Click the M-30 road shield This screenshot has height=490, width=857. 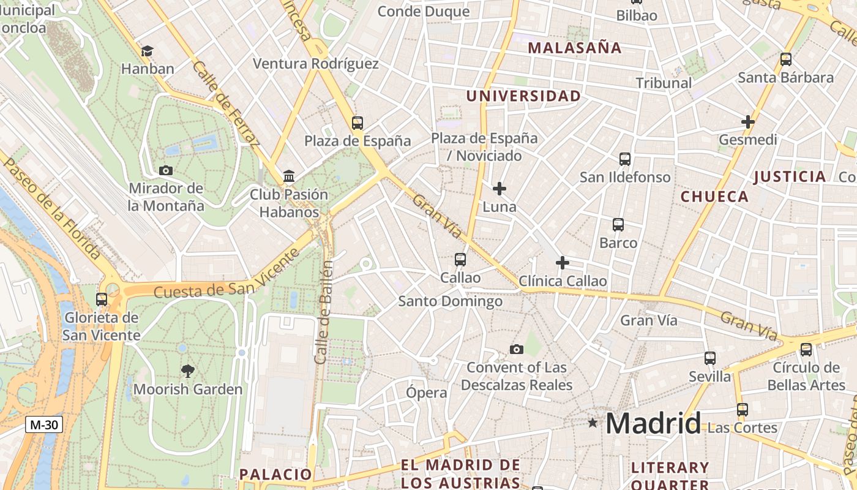pos(44,424)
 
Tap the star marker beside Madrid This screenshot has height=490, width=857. pos(592,423)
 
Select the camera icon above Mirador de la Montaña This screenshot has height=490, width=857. pos(165,170)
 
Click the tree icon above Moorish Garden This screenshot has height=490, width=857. pos(188,370)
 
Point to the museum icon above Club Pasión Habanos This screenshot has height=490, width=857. pos(289,177)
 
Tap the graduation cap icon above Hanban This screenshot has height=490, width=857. pos(147,51)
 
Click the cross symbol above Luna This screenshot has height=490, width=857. pos(500,189)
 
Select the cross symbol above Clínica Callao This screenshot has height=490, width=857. pos(563,263)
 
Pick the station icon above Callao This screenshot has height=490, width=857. pos(460,260)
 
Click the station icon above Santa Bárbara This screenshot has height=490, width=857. pos(786,59)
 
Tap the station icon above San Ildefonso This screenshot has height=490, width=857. pos(625,159)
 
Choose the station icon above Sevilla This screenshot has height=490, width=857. pos(710,358)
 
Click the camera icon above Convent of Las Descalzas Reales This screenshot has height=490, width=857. pos(517,349)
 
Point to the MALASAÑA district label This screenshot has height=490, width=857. pos(574,48)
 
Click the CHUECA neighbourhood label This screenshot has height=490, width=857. pos(714,197)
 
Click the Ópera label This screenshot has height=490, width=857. pos(427,393)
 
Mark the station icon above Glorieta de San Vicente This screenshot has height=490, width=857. pos(102,300)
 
